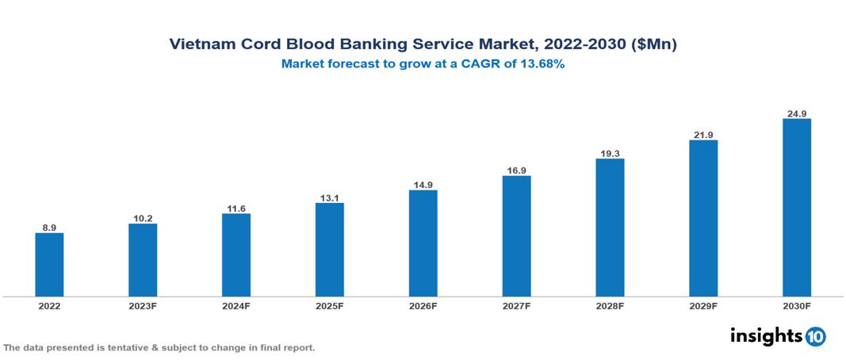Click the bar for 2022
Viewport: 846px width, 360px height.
point(49,265)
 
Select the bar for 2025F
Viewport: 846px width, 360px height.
point(329,250)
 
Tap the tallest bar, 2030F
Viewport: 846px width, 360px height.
point(796,208)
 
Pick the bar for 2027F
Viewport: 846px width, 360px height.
point(516,236)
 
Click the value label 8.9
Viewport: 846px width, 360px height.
point(49,228)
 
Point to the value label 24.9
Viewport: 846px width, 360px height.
point(796,113)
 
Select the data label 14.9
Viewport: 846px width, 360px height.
point(423,185)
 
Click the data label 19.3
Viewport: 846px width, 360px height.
point(610,153)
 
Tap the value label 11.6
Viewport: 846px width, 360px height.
point(236,209)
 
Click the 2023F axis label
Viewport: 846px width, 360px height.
point(143,306)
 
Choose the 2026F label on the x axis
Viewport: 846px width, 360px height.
point(423,306)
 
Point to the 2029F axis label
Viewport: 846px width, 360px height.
point(703,306)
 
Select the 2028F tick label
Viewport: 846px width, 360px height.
point(610,306)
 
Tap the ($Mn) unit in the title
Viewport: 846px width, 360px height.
point(654,45)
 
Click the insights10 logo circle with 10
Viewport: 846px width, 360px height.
point(815,336)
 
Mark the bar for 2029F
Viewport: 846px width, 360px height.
point(703,218)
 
